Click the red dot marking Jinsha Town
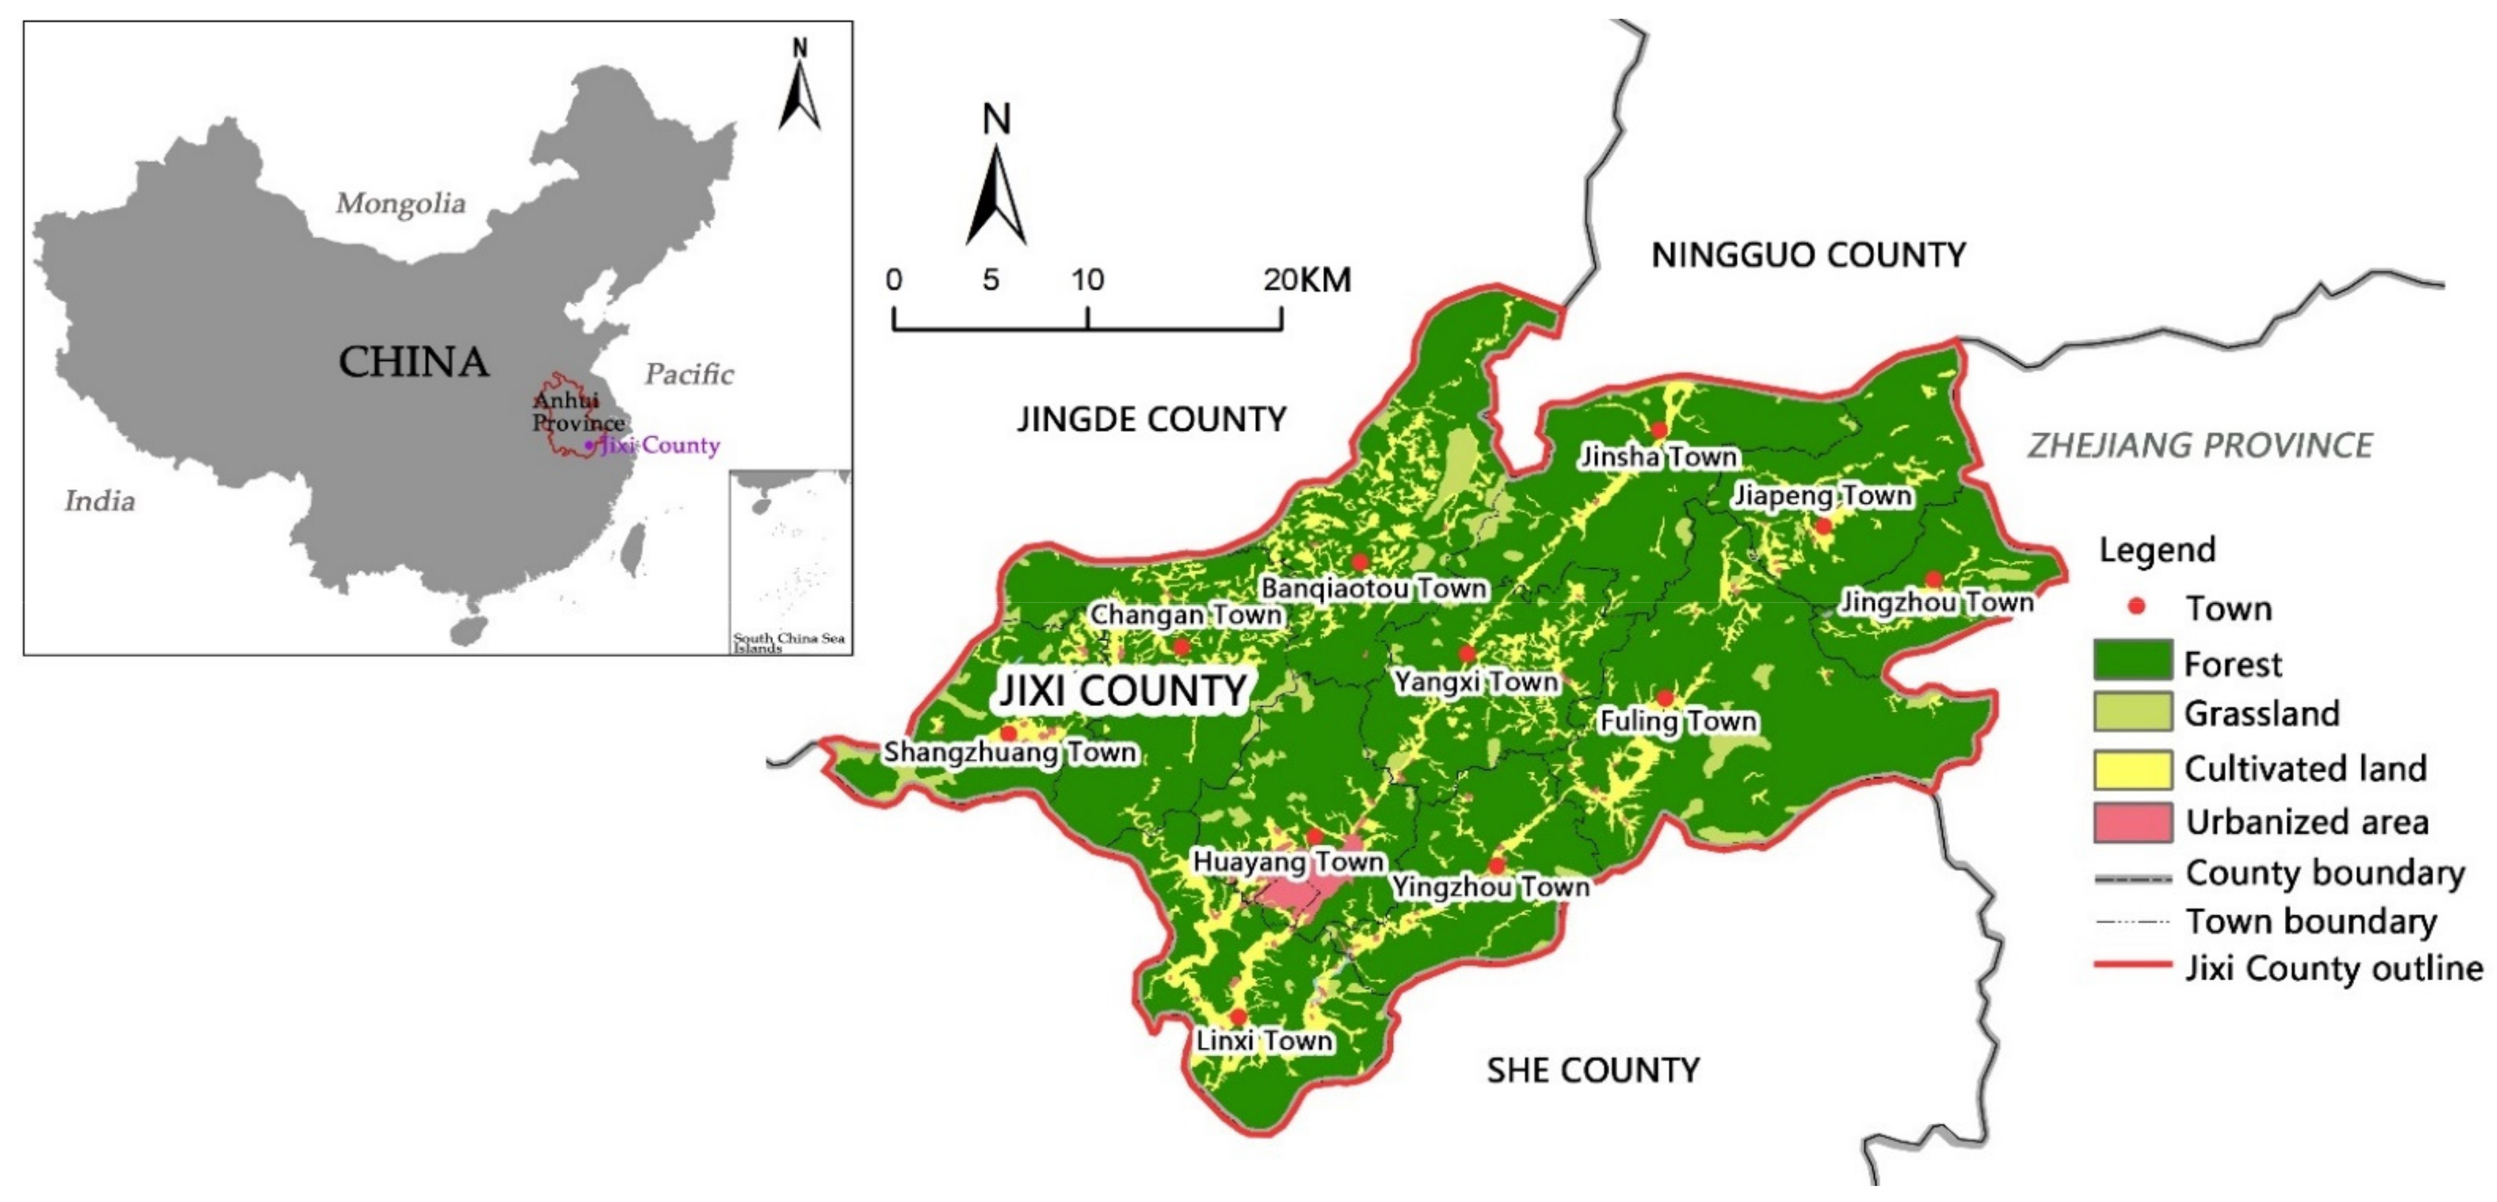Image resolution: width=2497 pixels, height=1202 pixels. tap(1659, 429)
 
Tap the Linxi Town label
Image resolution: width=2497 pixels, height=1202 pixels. tap(1264, 1041)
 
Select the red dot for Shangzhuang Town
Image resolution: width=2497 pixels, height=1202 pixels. tap(1008, 733)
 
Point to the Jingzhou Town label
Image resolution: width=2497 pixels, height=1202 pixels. tap(1937, 603)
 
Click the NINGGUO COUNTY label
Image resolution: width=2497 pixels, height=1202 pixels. tap(1808, 255)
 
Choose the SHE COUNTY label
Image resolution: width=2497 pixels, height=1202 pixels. tap(1593, 1070)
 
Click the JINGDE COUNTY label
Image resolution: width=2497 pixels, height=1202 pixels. tap(1150, 419)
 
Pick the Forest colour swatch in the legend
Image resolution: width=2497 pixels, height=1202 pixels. tap(2132, 661)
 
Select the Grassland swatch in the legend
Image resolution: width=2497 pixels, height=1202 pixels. tap(2132, 713)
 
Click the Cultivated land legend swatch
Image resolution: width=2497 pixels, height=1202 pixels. tap(2132, 768)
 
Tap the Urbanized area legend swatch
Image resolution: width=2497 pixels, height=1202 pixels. tap(2132, 822)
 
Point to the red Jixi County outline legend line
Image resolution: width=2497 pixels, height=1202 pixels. tap(2132, 966)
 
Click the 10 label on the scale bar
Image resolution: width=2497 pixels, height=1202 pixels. tap(1087, 280)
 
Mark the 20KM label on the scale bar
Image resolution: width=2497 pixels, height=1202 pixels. tap(1306, 280)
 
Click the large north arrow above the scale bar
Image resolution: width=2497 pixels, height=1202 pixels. tap(996, 194)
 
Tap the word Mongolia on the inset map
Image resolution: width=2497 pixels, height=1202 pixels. tap(400, 204)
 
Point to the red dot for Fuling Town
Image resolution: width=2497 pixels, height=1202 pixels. tap(1664, 698)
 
